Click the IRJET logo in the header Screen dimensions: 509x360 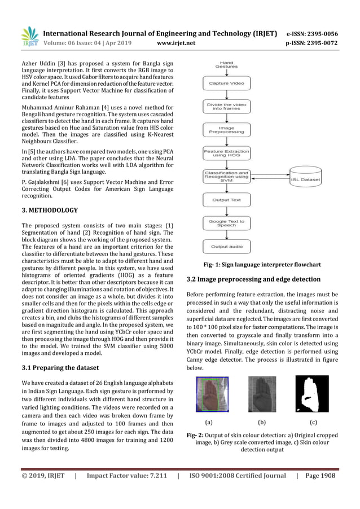(x=29, y=37)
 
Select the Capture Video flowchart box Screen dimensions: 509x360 (x=226, y=84)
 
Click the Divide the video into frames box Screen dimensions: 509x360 (x=226, y=106)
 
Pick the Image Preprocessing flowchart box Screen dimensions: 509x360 (x=226, y=130)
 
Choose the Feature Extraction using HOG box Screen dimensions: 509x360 (x=226, y=153)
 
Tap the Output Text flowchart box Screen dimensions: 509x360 (x=226, y=200)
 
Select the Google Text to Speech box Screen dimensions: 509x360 (x=226, y=224)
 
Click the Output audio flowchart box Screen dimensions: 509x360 (x=226, y=247)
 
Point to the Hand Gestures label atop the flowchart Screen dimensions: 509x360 (x=226, y=64)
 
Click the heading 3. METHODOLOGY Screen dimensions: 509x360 (x=50, y=210)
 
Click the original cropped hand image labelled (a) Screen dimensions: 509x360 (x=208, y=394)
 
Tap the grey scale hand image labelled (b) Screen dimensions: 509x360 (x=262, y=394)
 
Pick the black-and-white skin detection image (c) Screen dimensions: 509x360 (x=311, y=394)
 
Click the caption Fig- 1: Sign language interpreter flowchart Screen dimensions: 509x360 (x=262, y=264)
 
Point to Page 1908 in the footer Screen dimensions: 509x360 (x=319, y=475)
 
